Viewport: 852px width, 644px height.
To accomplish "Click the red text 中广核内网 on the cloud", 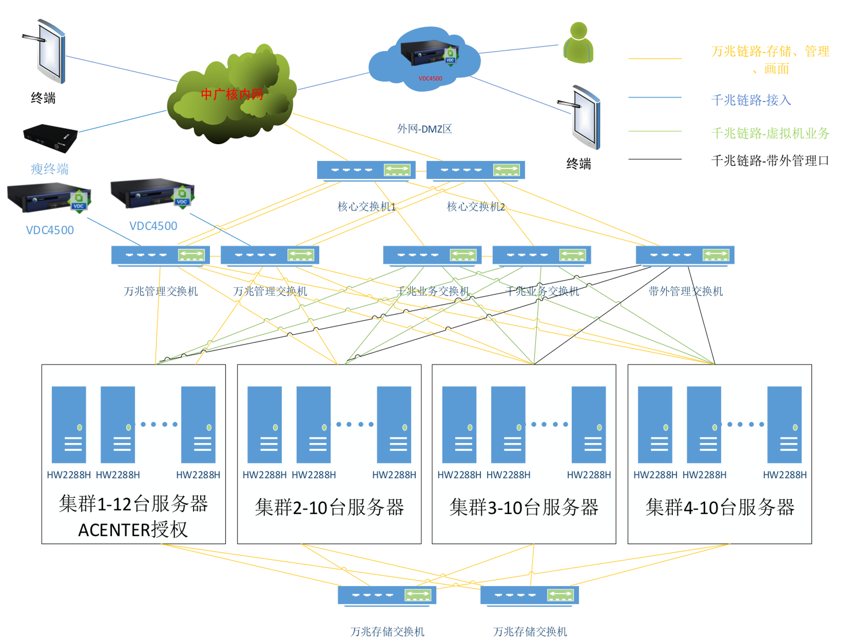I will click(x=232, y=94).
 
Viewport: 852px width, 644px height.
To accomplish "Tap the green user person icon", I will click(x=578, y=43).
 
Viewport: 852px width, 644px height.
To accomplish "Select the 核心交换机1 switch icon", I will click(x=366, y=170).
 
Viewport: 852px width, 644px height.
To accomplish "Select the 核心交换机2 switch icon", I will click(x=475, y=170).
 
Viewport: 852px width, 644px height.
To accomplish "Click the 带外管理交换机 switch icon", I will click(x=685, y=256).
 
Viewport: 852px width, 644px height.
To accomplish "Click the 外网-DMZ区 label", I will click(x=424, y=129).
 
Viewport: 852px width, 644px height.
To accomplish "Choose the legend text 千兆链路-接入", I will click(x=751, y=100).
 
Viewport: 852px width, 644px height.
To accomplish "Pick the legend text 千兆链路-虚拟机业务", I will click(x=770, y=133).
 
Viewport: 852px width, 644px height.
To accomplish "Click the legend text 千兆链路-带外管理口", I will click(x=770, y=160).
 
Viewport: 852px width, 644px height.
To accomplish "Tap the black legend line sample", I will click(x=655, y=159).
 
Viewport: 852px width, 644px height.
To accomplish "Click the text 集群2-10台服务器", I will click(x=329, y=507).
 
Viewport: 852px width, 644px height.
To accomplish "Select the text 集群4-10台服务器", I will click(x=719, y=507).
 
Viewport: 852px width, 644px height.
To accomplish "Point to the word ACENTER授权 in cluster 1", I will click(x=133, y=530).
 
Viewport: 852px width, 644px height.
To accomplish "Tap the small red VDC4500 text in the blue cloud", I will click(x=430, y=78).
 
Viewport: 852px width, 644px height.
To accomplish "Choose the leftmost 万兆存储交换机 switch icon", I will click(x=387, y=596).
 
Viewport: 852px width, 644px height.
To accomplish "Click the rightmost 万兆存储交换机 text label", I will click(x=530, y=631).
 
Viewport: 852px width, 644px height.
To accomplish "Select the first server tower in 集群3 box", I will click(x=459, y=425).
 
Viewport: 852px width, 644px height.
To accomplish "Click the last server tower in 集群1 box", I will click(x=198, y=425).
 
